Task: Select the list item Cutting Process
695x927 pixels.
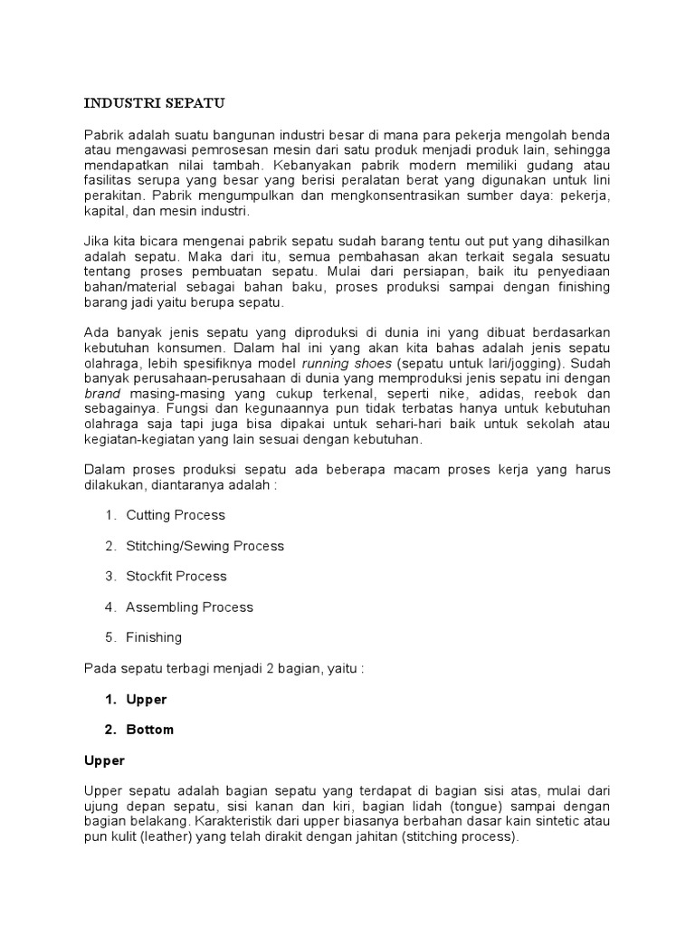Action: pos(176,515)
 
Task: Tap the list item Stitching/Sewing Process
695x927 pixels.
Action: pos(205,546)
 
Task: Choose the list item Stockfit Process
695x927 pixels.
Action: pos(176,576)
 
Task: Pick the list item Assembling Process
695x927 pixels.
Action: pos(189,607)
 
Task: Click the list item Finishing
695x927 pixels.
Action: pos(154,637)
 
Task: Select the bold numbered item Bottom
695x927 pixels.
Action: pos(150,730)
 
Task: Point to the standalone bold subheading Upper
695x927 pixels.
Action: pos(104,760)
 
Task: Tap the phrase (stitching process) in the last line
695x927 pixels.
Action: pos(459,837)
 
